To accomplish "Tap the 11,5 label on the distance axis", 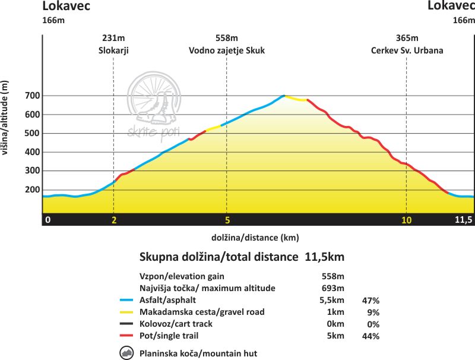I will point(463,220).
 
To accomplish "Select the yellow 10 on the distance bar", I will point(406,220).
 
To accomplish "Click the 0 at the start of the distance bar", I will point(48,220).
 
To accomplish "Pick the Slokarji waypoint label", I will point(113,50).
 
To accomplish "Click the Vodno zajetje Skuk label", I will point(227,50).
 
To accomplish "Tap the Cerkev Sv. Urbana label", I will point(407,50).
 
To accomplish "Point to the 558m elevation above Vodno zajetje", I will point(227,39).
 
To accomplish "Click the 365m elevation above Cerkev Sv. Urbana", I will point(407,39).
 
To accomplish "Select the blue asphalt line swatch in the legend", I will point(126,301).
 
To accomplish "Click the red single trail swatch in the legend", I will point(126,336).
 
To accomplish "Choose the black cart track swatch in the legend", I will point(126,324).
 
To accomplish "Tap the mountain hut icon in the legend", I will point(126,353).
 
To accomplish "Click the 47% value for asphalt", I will point(370,301).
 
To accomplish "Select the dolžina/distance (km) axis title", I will point(255,238).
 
